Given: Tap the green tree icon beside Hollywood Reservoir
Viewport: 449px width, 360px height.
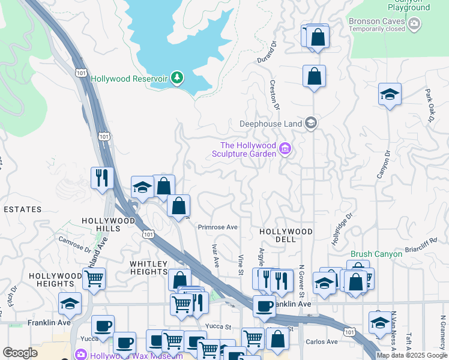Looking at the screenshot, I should pos(176,77).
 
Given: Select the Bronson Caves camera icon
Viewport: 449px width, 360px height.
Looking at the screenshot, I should pos(414,24).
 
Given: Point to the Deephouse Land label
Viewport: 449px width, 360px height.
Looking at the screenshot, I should pos(271,124).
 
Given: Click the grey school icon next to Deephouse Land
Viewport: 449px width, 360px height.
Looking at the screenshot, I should pos(310,124).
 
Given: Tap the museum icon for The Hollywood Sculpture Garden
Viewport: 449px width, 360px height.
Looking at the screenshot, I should pos(285,149).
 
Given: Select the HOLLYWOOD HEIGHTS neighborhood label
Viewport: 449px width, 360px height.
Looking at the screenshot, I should pos(55,280).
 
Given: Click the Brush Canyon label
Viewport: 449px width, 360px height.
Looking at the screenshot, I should pos(376,254).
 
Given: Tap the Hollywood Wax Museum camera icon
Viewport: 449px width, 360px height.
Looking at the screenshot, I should pos(80,354).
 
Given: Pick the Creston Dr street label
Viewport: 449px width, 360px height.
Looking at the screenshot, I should pos(275,95).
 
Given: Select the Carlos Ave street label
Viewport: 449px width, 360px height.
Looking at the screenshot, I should pos(322,342).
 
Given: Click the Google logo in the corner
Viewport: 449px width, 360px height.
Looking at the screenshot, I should pos(20,353).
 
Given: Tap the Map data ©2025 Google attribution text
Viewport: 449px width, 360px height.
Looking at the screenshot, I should pos(412,355).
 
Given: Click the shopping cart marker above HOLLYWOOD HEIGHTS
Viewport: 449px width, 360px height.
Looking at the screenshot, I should pos(94,278).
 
